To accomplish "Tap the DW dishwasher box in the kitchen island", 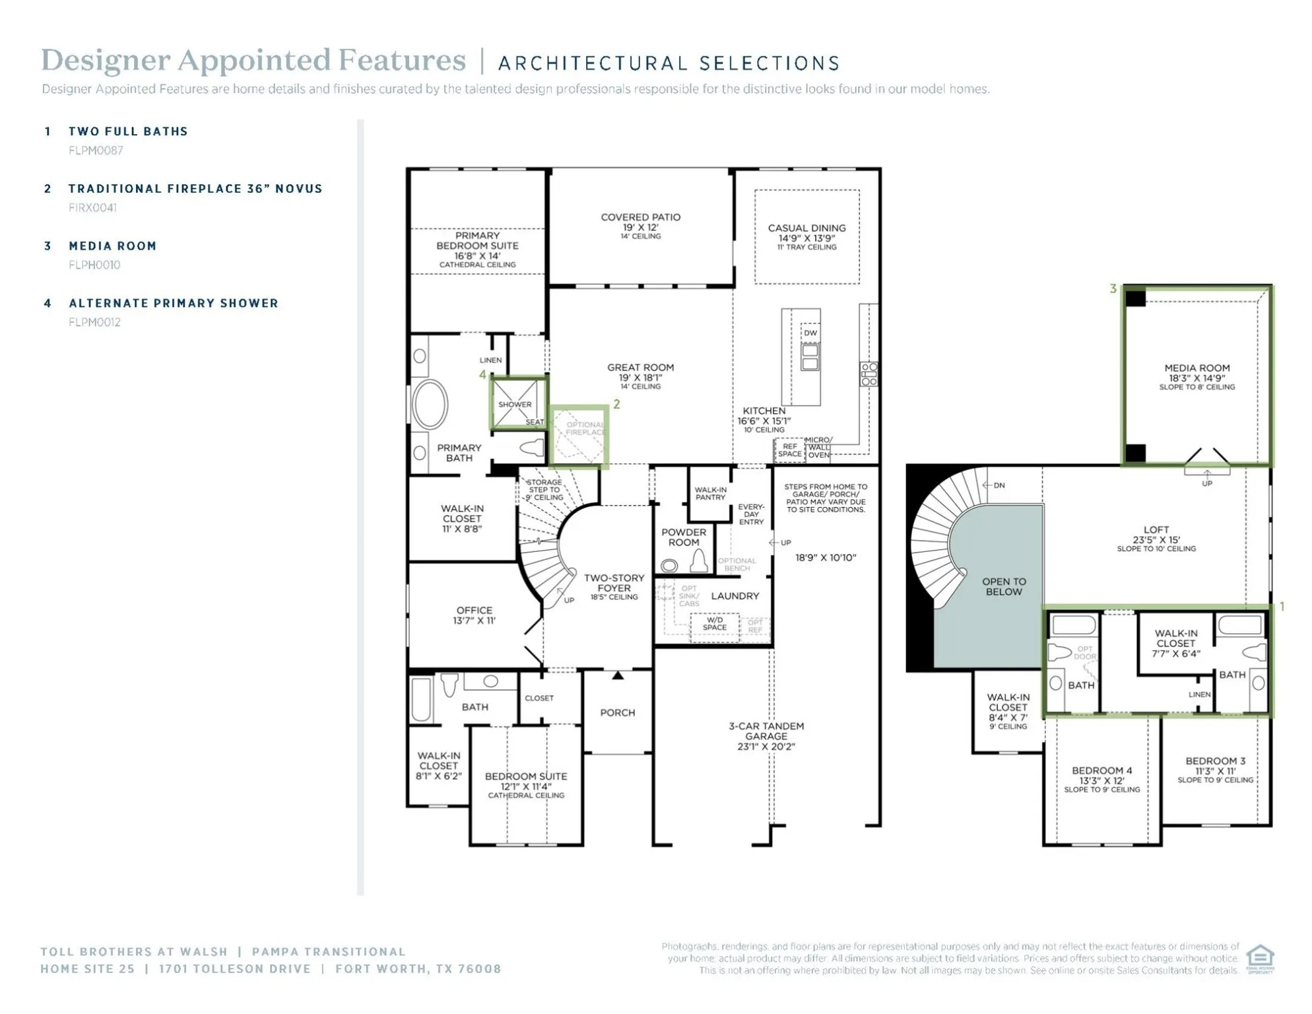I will pos(810,333).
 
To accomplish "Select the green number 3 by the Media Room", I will pos(1113,288).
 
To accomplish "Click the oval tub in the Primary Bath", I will pos(430,404).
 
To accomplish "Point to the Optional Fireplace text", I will pos(585,428).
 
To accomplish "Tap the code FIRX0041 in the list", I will pos(92,207).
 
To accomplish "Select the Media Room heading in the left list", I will pos(113,246).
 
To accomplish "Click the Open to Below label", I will pos(1003,586).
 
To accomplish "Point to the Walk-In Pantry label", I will pos(710,493).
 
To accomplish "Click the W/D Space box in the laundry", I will pos(714,624).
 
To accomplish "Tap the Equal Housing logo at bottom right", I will pos(1259,958).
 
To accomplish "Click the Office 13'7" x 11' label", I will pos(474,615).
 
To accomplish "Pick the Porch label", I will pos(617,712).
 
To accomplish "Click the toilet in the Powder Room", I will pos(699,562).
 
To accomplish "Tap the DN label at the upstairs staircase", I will pos(999,485).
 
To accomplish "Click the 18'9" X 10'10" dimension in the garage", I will pos(825,557).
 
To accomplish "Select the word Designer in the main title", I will pos(106,60).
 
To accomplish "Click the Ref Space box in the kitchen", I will pos(789,450).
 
